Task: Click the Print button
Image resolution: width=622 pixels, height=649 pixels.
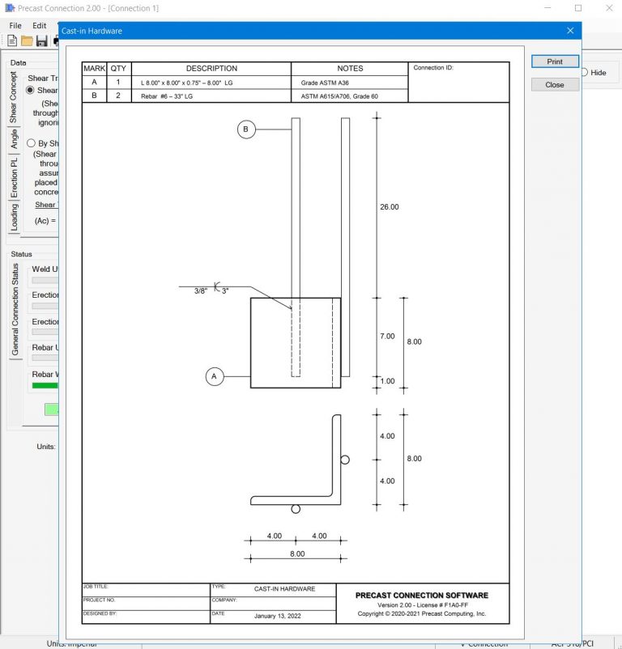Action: (555, 62)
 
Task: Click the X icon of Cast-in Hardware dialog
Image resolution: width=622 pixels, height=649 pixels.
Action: (570, 31)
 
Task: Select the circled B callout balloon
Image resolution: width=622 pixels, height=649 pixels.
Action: (247, 129)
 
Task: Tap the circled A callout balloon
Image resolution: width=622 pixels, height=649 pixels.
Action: (215, 376)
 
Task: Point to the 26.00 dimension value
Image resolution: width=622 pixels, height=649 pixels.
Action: (389, 207)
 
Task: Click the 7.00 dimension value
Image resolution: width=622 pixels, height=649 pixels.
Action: (387, 336)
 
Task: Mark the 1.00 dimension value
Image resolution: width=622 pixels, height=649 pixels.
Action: (387, 381)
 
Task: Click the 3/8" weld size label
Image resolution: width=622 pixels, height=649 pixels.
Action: (201, 291)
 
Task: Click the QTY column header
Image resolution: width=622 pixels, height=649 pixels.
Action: (118, 69)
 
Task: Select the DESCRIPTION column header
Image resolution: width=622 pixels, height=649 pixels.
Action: (211, 69)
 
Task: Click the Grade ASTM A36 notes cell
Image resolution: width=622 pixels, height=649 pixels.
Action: (324, 83)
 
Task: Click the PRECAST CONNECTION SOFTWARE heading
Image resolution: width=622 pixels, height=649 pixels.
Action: (421, 596)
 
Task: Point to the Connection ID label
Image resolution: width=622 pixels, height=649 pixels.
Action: (433, 68)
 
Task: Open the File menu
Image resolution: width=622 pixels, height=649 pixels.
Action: (15, 25)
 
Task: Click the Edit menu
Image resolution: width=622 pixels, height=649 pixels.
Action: (40, 25)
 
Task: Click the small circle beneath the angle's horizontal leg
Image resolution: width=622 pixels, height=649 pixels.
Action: (296, 508)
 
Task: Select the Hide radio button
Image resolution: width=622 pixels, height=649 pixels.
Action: (584, 73)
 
